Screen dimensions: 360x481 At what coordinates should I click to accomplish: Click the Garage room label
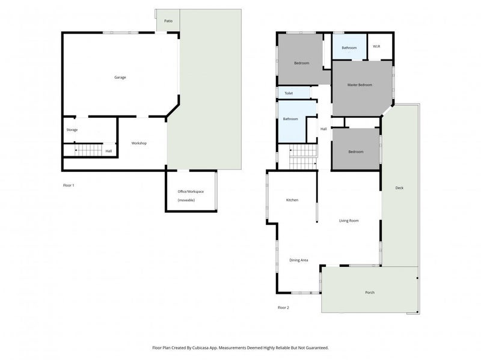[120, 77]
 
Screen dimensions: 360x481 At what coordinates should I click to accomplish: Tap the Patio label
[168, 22]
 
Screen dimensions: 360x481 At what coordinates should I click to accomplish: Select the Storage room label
[72, 130]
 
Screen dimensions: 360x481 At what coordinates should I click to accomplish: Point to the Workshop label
[139, 143]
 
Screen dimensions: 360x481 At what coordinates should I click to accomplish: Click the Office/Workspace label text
[191, 191]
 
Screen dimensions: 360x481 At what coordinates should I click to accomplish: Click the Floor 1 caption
[69, 185]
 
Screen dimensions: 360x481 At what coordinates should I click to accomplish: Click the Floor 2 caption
[283, 307]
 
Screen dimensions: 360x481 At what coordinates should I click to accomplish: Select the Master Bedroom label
[360, 85]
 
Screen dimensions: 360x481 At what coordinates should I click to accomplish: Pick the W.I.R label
[376, 46]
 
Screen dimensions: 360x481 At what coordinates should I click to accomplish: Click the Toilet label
[289, 93]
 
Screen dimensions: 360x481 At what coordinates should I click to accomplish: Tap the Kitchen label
[292, 200]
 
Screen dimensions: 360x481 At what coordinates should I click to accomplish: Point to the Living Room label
[349, 221]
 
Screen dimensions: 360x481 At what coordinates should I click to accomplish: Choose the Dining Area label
[299, 260]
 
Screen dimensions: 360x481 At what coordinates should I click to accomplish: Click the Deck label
[399, 188]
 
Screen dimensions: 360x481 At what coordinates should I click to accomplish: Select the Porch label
[370, 292]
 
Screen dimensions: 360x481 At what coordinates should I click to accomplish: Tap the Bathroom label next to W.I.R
[349, 47]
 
